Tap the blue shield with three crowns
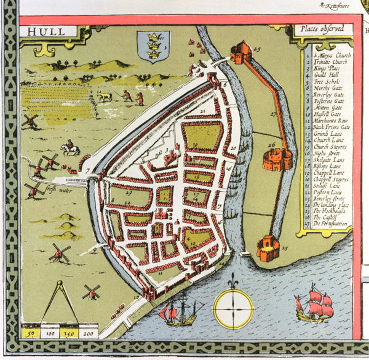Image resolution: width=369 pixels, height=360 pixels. point(154,46)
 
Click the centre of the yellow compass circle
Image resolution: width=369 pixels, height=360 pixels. point(233,309)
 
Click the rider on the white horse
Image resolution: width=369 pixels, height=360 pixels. point(70,148)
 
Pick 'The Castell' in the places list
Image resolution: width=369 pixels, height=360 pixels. point(325,217)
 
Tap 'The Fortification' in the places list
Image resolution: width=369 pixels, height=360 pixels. point(329,224)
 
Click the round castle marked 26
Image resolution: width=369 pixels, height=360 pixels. point(277,159)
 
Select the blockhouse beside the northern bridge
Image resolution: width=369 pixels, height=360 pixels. point(241,53)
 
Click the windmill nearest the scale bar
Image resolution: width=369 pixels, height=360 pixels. point(91,292)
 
